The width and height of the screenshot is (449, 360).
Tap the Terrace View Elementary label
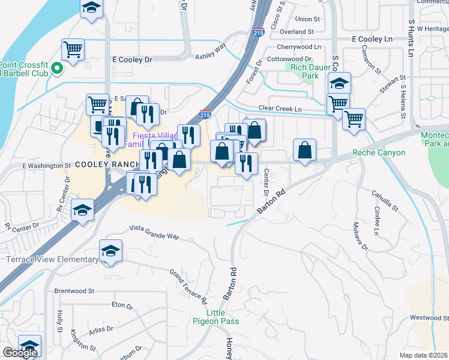point(52,259)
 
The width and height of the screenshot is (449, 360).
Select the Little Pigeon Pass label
point(223,317)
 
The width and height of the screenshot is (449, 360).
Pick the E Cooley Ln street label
point(372,38)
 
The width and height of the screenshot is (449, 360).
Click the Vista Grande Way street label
point(155,232)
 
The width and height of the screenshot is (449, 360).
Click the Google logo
point(20,353)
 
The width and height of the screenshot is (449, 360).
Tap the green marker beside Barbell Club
point(57,68)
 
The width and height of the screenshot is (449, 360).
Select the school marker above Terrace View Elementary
point(110,251)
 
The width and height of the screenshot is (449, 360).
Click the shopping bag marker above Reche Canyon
point(304,150)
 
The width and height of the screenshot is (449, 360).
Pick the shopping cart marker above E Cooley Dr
point(73,50)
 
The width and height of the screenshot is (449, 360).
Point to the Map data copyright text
point(424,355)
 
